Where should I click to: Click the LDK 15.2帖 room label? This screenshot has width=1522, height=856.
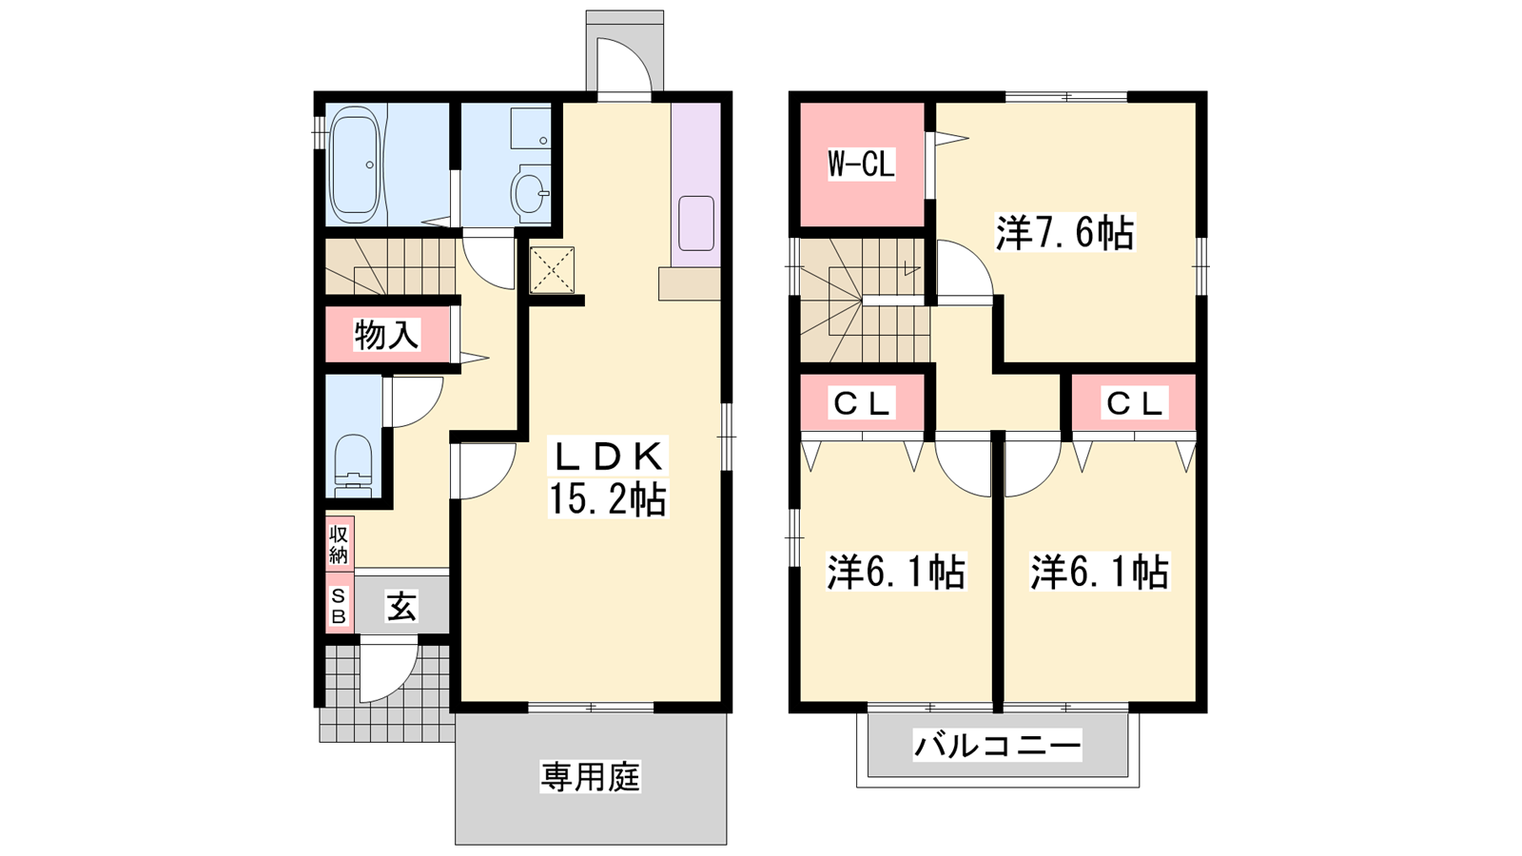(608, 477)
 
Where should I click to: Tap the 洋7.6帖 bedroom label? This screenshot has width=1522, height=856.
(1064, 233)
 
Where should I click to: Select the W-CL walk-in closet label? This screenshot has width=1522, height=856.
(861, 164)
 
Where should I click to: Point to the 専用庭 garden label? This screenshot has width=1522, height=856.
(591, 776)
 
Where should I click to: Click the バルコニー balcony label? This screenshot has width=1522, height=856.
(997, 746)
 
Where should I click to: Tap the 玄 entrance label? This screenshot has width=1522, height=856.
(401, 606)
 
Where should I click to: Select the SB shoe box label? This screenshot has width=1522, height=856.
(339, 606)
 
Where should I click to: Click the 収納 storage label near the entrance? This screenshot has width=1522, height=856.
(339, 545)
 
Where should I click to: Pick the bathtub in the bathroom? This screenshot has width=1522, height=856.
(354, 166)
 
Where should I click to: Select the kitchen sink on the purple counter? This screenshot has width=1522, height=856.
(695, 223)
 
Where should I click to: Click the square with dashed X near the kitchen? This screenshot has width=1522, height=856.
(552, 270)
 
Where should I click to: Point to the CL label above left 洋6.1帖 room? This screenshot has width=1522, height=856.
(861, 404)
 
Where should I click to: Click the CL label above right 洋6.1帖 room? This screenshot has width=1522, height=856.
(1134, 404)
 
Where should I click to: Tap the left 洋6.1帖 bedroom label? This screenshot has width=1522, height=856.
(895, 572)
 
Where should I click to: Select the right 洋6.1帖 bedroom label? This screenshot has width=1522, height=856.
(1100, 572)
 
